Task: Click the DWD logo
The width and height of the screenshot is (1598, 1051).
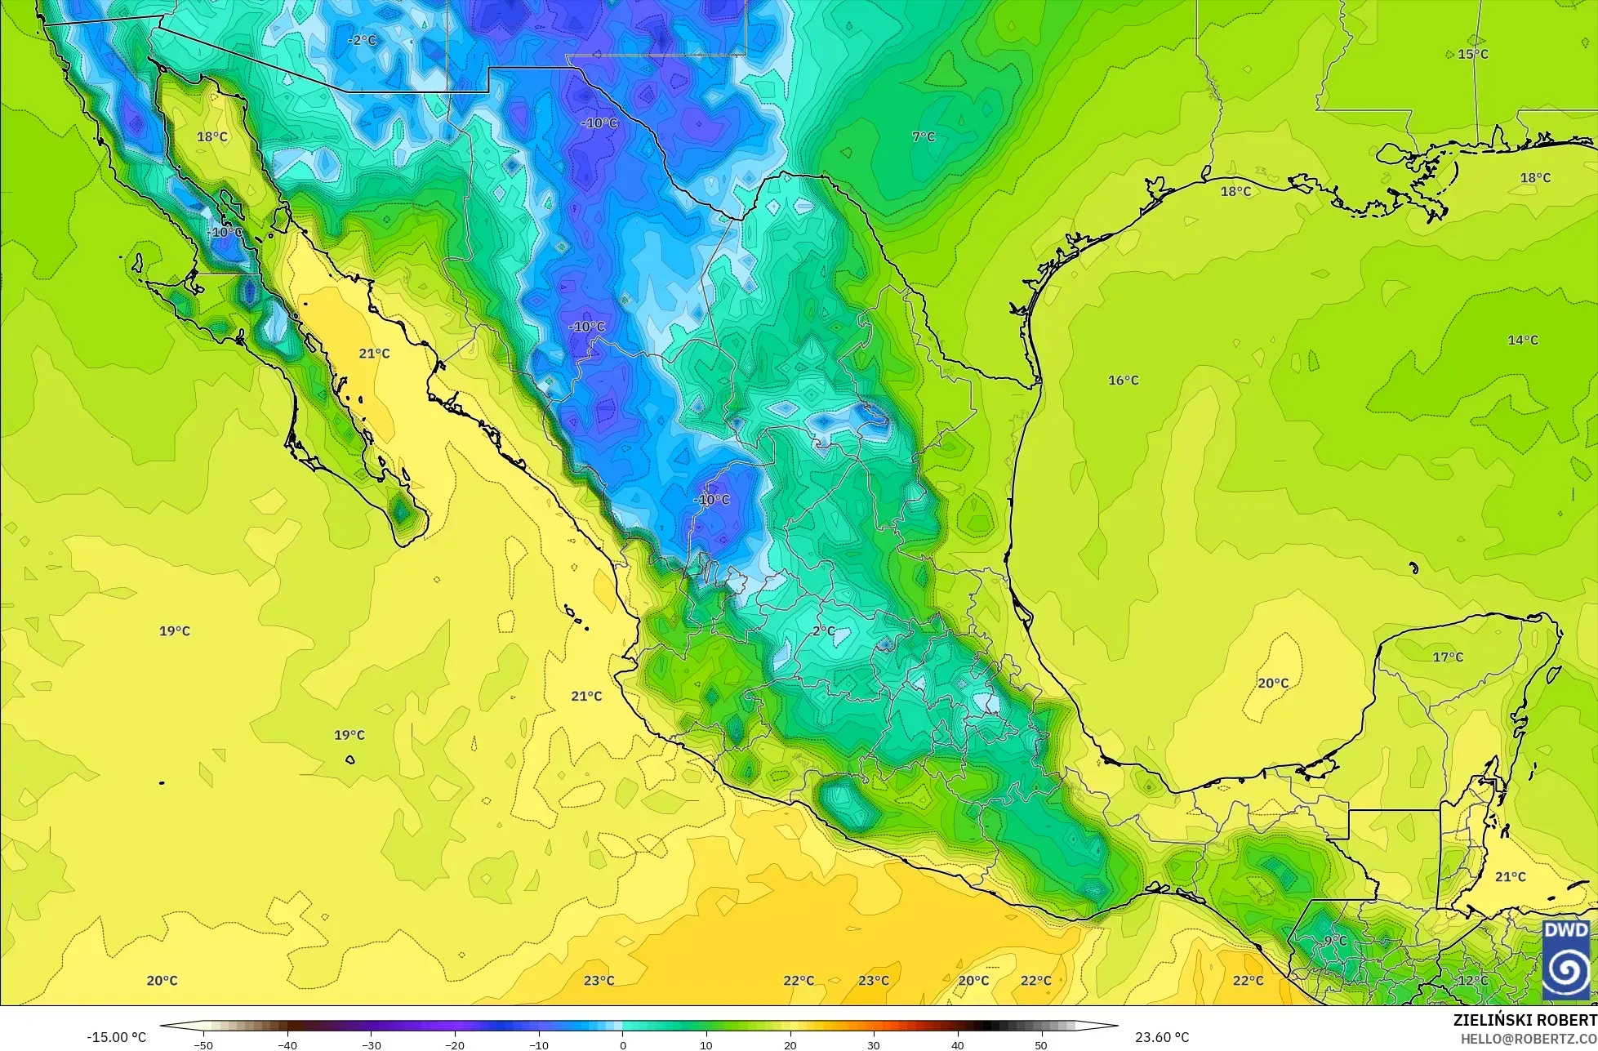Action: tap(1566, 960)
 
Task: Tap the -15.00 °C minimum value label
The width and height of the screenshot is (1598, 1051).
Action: tap(117, 1037)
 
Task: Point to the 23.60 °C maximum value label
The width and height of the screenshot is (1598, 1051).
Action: tap(1162, 1037)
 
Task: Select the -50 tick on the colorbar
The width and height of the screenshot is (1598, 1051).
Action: tap(203, 1045)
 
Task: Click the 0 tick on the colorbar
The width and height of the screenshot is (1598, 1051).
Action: tap(622, 1045)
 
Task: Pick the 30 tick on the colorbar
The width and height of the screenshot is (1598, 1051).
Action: tap(874, 1045)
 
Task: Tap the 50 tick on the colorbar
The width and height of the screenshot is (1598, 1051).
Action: tap(1041, 1045)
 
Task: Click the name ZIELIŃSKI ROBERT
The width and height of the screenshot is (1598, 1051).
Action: tap(1525, 1020)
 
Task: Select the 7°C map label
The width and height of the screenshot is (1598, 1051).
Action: tap(924, 136)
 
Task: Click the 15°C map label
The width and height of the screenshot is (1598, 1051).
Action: tap(1473, 54)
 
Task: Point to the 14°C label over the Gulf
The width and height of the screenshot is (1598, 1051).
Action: tap(1522, 340)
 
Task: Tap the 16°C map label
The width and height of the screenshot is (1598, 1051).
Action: tap(1123, 380)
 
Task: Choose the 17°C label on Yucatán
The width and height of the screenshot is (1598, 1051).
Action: tap(1448, 657)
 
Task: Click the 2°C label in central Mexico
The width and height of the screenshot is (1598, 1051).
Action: tap(824, 630)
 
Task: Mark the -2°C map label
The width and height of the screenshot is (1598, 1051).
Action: tap(362, 40)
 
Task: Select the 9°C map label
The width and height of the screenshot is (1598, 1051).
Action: tap(1336, 941)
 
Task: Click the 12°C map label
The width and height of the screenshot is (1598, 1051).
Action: tap(1473, 980)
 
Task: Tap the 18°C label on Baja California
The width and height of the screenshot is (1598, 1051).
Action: tap(212, 136)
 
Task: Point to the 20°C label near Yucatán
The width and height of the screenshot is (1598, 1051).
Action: tap(1272, 683)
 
